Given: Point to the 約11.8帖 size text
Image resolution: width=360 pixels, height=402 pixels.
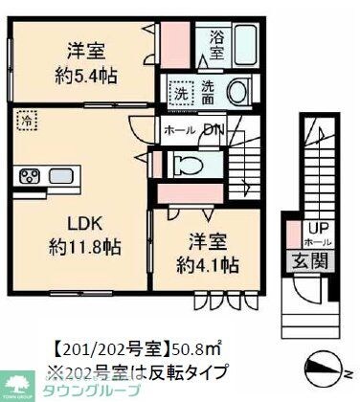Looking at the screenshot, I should pyautogui.click(x=85, y=249).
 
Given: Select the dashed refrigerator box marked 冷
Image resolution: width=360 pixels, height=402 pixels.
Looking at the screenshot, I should pyautogui.click(x=29, y=123).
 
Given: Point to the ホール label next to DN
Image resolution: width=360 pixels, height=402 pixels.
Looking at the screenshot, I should pyautogui.click(x=181, y=131).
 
